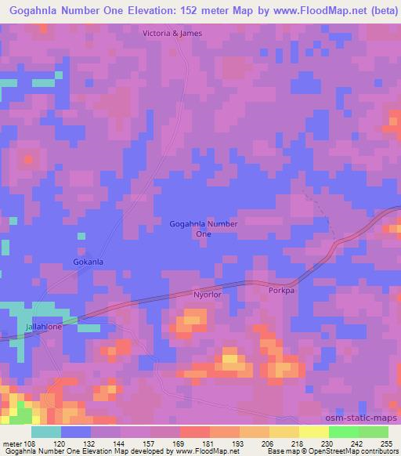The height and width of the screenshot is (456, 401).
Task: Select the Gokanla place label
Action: coord(89,262)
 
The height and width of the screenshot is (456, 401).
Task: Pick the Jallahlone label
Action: coord(43,326)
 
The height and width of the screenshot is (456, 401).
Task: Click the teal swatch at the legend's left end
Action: coord(46,432)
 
